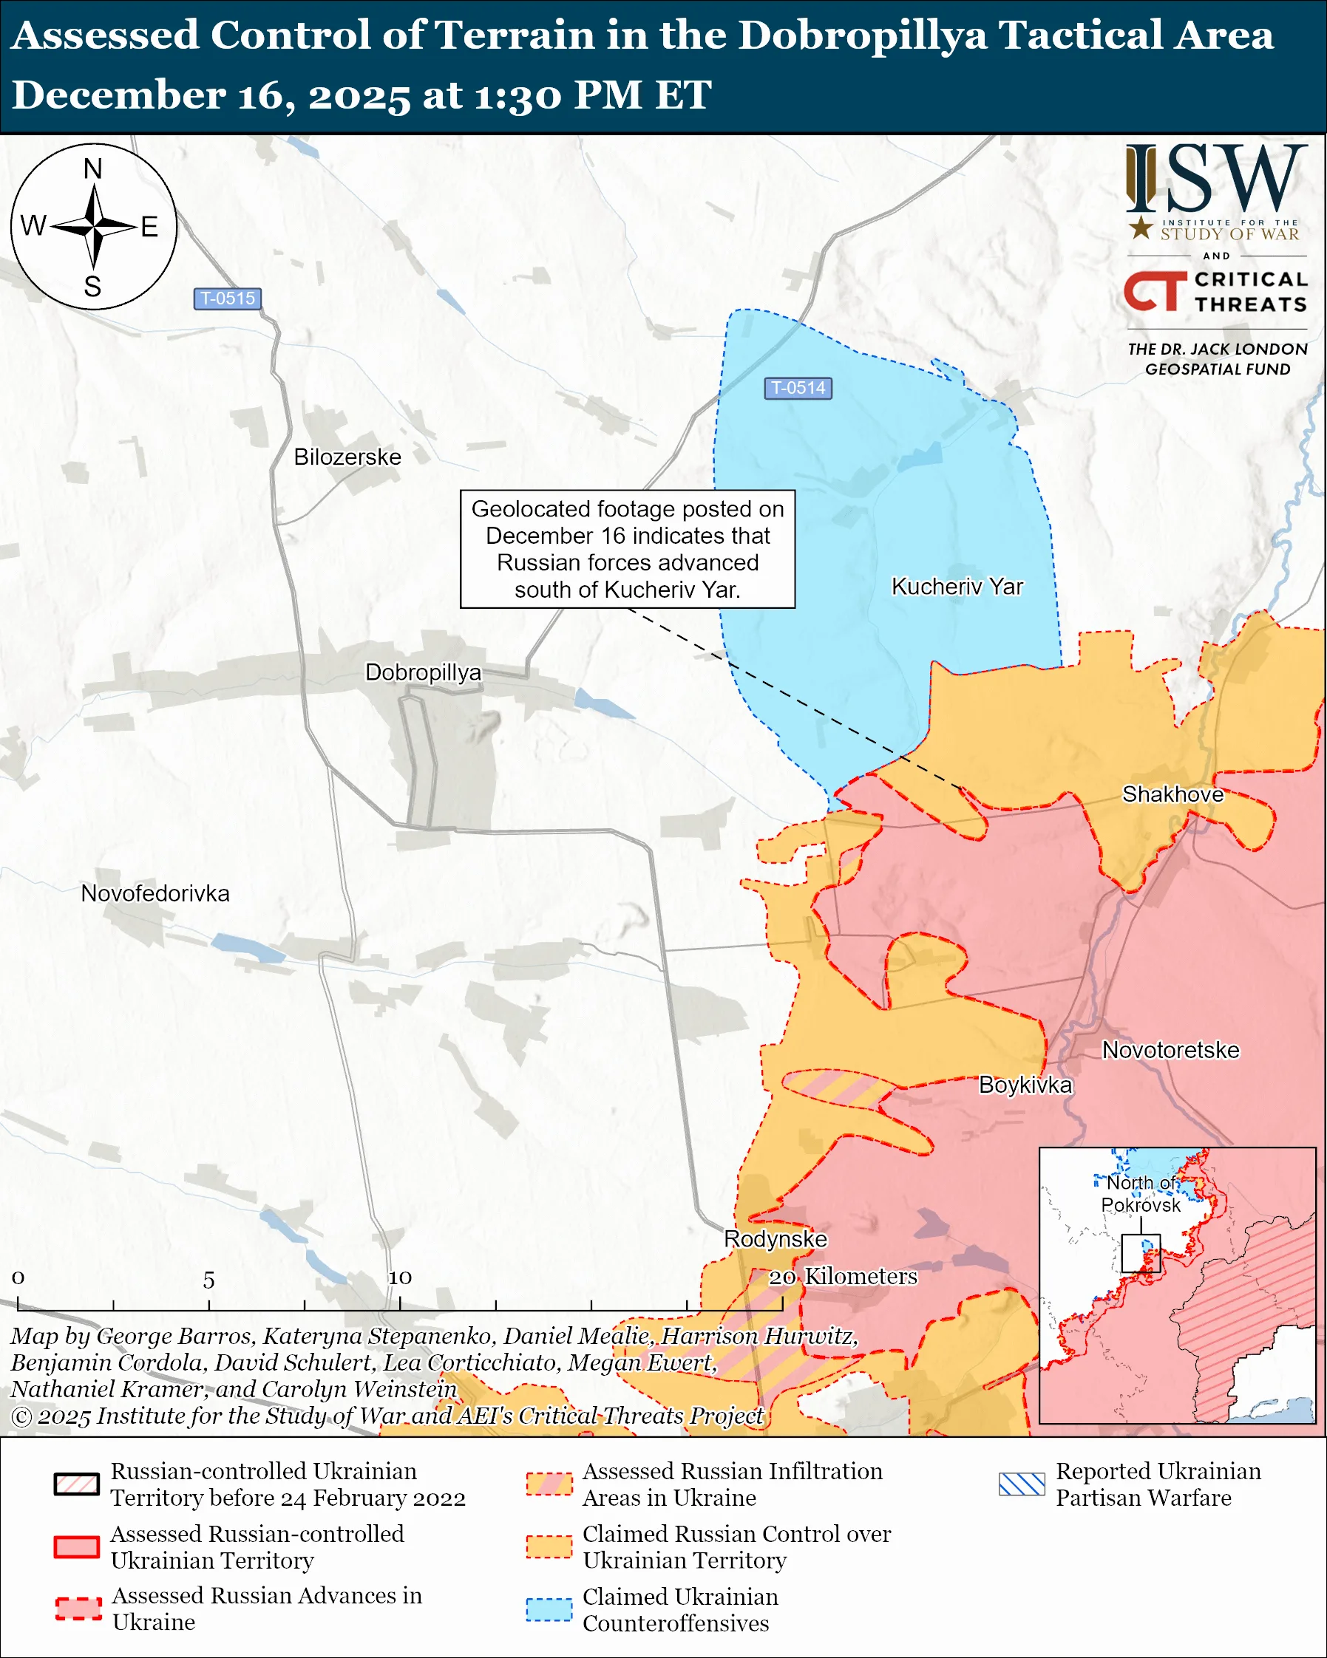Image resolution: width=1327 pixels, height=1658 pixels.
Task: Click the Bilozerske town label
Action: coord(347,457)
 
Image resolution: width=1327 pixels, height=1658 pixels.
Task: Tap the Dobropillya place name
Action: coord(422,672)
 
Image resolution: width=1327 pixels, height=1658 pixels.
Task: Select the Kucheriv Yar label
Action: coord(956,587)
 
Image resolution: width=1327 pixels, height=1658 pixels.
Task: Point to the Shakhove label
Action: coord(1172,794)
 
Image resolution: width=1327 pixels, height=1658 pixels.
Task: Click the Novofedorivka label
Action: coord(155,893)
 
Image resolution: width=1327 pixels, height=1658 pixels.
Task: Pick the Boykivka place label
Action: coord(1024,1085)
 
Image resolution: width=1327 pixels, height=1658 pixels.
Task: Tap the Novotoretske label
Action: coord(1170,1050)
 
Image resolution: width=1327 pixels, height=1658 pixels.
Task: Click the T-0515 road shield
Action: coord(227,298)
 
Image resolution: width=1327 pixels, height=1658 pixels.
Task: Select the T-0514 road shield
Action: coord(798,389)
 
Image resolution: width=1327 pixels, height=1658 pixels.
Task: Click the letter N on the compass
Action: coord(92,169)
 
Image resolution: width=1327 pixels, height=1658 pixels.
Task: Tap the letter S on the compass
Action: coord(92,287)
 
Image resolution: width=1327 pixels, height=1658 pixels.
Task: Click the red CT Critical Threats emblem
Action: coord(1155,290)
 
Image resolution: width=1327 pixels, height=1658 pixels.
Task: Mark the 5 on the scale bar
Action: coord(208,1280)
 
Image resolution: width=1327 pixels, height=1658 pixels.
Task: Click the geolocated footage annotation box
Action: coord(627,549)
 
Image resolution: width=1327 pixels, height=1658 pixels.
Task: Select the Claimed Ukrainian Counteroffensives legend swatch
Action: coord(549,1609)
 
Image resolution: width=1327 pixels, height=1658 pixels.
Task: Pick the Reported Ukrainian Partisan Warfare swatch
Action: coord(1021,1484)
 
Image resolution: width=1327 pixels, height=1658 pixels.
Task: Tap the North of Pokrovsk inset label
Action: coord(1140,1193)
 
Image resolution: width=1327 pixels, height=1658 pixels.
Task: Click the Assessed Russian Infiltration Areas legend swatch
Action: coord(549,1484)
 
